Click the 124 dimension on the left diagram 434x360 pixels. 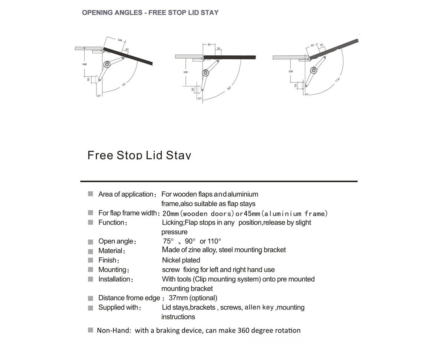pyautogui.click(x=119, y=40)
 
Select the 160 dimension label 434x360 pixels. pyautogui.click(x=84, y=64)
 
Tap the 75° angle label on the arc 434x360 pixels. pyautogui.click(x=124, y=85)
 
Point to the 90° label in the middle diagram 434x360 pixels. pyautogui.click(x=229, y=88)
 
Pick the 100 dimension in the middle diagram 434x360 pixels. pyautogui.click(x=185, y=72)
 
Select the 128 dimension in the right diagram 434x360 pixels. pyautogui.click(x=291, y=71)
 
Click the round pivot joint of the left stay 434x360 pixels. pyautogui.click(x=107, y=65)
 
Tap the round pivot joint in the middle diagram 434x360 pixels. pyautogui.click(x=205, y=72)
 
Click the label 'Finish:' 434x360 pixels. pyautogui.click(x=109, y=260)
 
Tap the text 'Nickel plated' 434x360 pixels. pyautogui.click(x=181, y=260)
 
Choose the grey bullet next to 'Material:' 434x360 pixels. pyautogui.click(x=91, y=251)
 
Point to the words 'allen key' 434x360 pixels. pyautogui.click(x=259, y=307)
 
